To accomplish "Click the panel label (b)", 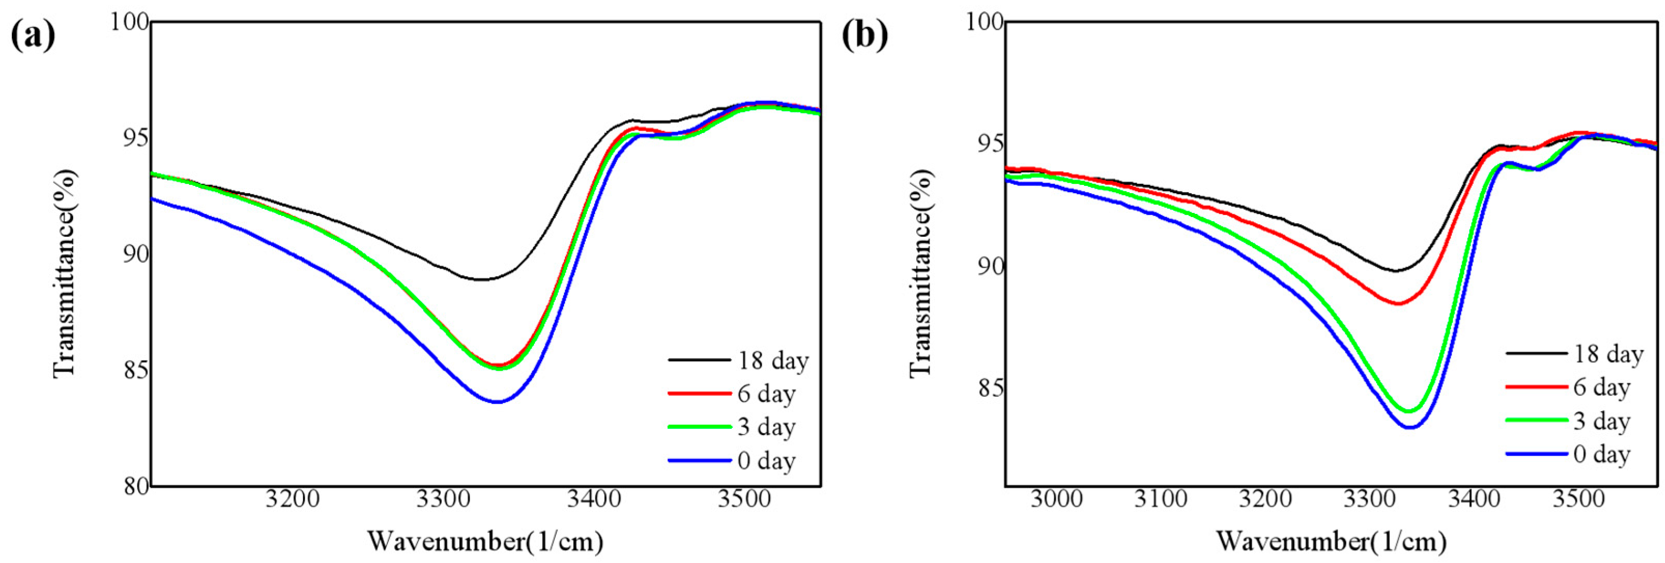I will coord(865,36).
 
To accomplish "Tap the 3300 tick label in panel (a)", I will coord(443,499).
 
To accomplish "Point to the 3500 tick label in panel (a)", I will coord(745,499).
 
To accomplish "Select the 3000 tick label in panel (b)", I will coord(1056,499).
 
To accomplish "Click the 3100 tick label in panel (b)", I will coord(1161,499).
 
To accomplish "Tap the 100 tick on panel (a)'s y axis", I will coord(129,22).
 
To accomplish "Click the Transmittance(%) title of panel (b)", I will coord(920,273).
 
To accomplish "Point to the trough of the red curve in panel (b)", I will coord(1398,303).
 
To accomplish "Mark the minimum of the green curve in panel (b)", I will coord(1409,411).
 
